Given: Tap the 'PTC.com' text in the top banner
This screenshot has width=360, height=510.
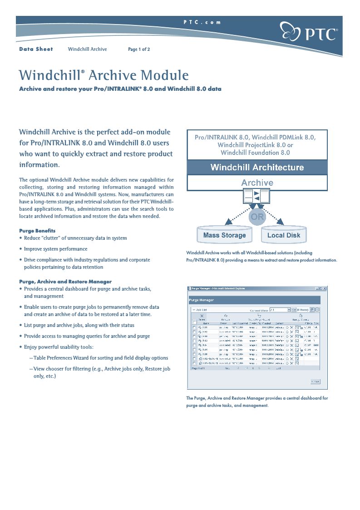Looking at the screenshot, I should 202,22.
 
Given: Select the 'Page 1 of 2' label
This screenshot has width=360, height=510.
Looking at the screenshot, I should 139,50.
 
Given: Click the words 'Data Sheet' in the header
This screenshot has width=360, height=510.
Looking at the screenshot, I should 36,49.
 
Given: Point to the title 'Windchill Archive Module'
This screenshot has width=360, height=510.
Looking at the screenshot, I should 104,75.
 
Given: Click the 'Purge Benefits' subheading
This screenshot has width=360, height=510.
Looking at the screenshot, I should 37,231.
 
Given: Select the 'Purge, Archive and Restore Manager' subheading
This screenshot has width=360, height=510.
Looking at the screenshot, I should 65,282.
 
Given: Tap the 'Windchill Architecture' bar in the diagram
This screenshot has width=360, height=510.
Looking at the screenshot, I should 257,168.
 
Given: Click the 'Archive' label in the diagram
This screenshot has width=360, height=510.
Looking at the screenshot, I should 257,183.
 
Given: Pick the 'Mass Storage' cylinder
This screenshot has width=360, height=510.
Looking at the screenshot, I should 224,235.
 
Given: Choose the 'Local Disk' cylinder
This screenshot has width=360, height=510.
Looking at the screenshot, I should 284,235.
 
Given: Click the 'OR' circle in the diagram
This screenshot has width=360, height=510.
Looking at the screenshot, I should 257,217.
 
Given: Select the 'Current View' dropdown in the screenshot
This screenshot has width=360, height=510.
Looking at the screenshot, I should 280,310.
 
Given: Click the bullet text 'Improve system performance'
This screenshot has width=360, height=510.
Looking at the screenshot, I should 55,249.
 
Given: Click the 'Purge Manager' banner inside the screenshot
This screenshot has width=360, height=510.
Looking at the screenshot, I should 202,300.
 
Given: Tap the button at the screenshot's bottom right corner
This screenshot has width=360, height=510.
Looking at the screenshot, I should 315,381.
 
